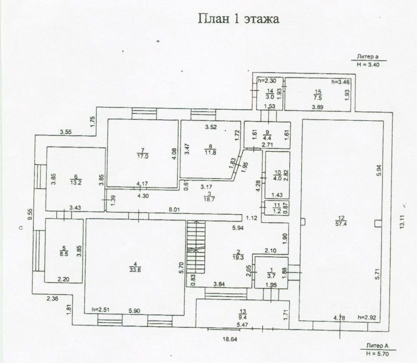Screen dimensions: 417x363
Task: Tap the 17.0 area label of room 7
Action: pos(143,156)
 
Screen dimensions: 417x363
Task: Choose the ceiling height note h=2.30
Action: pos(267,80)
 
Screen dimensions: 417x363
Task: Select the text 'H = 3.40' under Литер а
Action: pos(368,65)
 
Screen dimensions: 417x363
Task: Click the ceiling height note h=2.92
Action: pos(367,317)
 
